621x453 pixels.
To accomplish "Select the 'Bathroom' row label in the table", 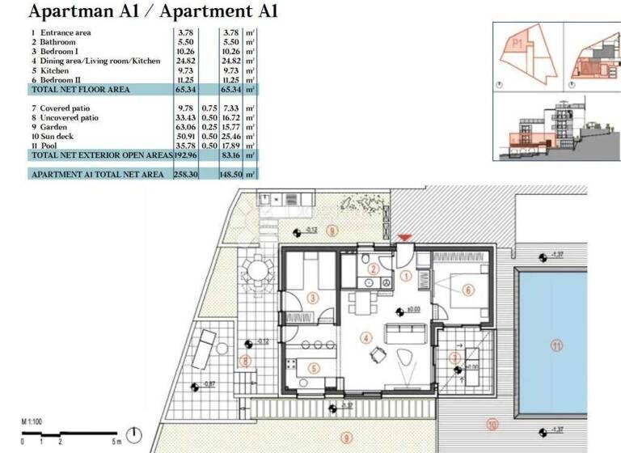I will coord(57,41).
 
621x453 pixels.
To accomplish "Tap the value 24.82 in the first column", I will coord(185,61).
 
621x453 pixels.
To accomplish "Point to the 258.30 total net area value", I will coord(185,174).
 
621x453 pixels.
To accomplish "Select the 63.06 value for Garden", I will coord(185,127).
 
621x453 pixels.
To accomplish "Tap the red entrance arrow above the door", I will coord(403,238).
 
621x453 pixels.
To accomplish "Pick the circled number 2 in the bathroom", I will coord(373,269).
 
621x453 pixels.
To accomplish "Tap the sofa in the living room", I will coord(403,332).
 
